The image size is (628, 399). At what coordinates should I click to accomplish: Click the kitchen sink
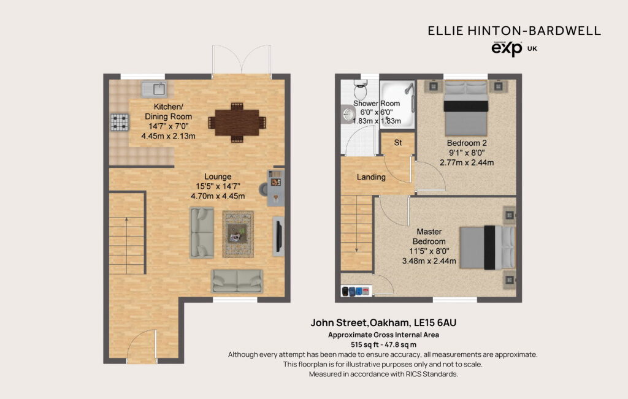coord(154,89)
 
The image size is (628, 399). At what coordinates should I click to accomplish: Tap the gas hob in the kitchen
coord(120,123)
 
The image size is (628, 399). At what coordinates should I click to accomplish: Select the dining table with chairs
coord(237,123)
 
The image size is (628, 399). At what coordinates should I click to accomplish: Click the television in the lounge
coord(278,236)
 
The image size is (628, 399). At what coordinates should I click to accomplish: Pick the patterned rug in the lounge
coord(238,234)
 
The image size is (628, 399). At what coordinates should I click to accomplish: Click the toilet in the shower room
coord(361,89)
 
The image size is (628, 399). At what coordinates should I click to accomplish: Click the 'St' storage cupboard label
coord(397,142)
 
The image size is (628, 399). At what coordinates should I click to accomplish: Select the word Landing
coord(371,177)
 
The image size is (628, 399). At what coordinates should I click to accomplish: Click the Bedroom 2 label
coord(467,143)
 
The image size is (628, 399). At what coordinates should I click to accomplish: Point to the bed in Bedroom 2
coord(466,108)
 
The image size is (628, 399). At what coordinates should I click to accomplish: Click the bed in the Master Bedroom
coord(488,248)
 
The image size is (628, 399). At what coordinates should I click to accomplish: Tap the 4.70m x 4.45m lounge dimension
coord(218,196)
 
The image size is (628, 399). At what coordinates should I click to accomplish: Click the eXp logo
coord(507,49)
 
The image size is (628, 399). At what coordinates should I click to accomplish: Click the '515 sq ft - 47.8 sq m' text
coord(383,344)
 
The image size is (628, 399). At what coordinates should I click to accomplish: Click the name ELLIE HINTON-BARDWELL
coord(515,31)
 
